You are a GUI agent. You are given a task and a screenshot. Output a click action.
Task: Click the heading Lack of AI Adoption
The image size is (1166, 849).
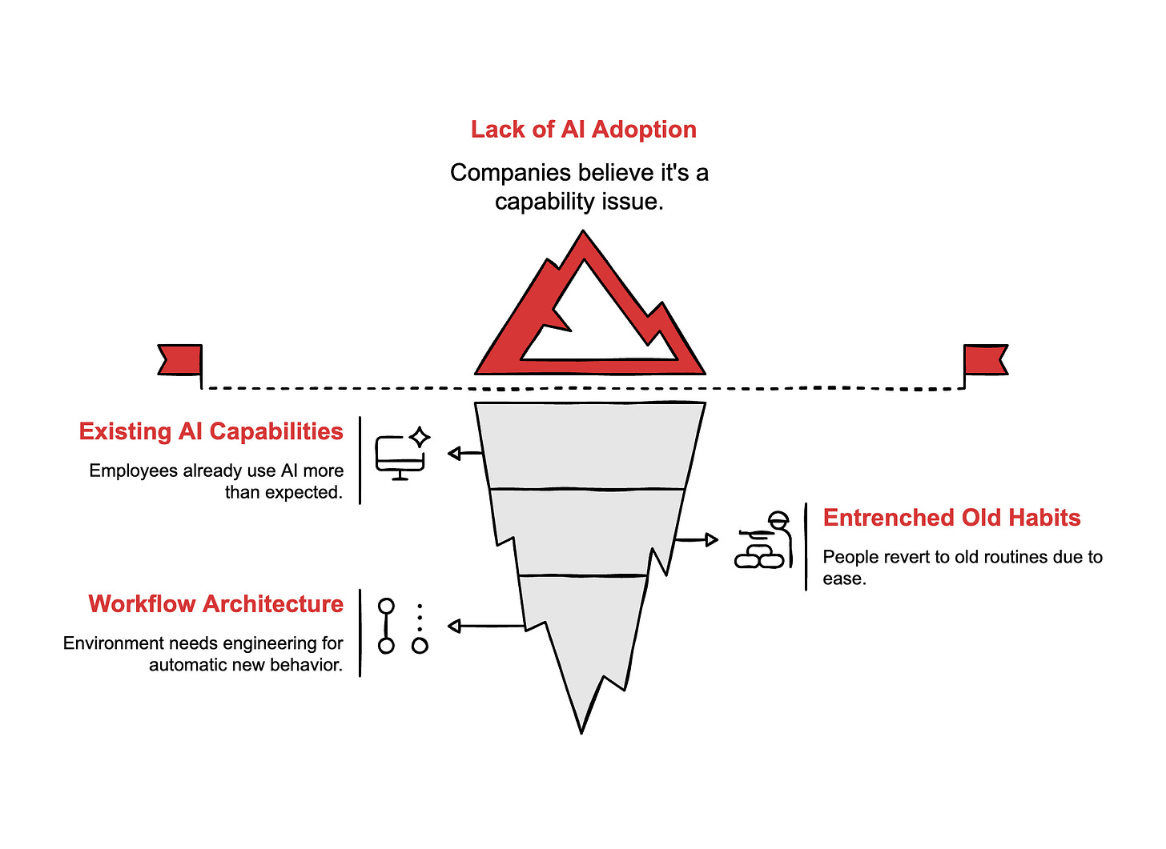[x=583, y=130]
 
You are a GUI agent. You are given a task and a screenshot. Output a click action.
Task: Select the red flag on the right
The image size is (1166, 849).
[x=985, y=359]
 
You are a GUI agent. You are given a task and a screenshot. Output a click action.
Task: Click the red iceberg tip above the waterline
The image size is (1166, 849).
[x=561, y=304]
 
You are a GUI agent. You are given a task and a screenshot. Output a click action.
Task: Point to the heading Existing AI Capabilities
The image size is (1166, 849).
[x=211, y=431]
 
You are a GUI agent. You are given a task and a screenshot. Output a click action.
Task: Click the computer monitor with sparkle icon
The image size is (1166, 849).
[x=402, y=454]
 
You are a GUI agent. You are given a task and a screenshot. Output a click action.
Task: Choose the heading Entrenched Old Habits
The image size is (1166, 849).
[x=951, y=518]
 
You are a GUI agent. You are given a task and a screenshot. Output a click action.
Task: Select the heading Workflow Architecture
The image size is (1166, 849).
[x=215, y=604]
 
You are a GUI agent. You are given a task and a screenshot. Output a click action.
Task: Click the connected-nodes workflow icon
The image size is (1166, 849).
[x=402, y=627]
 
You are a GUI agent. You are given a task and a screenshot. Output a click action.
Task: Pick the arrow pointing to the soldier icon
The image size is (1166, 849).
[x=697, y=540]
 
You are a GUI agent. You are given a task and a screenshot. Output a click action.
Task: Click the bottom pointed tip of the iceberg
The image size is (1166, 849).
[x=581, y=728]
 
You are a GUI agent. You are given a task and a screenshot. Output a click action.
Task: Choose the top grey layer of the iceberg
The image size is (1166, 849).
[x=589, y=445]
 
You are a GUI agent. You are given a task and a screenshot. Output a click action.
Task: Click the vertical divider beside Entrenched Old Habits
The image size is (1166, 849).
[x=806, y=547]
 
